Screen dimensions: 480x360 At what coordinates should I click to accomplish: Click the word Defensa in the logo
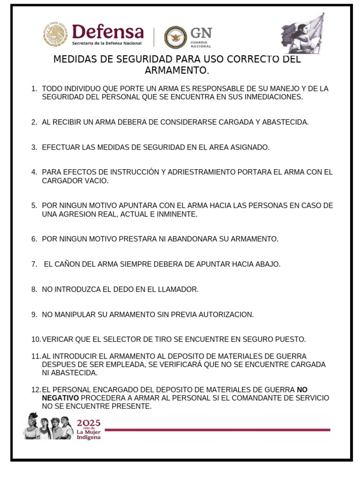pos(108,32)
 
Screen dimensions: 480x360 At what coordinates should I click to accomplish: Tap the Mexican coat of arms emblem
pos(55,35)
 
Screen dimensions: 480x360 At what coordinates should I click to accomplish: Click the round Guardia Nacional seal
pos(175,37)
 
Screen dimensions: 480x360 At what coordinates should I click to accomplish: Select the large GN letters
pos(201,33)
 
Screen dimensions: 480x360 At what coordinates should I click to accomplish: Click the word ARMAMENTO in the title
pos(176,70)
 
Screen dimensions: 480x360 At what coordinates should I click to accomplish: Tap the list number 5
pos(34,205)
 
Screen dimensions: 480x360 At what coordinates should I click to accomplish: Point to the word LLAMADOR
pos(178,289)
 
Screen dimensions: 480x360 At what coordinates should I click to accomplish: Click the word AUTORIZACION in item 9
pos(222,314)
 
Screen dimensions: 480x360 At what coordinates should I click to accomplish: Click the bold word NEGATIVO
pos(60,398)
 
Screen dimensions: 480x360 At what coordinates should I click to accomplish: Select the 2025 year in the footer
pos(89,423)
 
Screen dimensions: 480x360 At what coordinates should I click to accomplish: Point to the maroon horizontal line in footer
pos(217,430)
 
